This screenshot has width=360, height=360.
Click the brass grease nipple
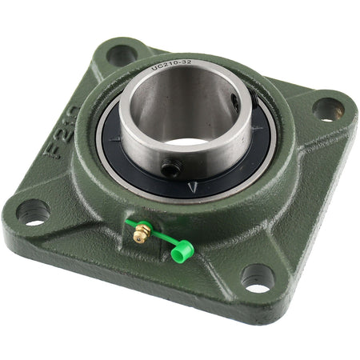pos(142,234)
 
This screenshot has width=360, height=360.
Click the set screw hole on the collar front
pos(169,168)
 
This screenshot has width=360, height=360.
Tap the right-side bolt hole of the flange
pos(327,108)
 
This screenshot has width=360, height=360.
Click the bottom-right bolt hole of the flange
pos(258,278)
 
